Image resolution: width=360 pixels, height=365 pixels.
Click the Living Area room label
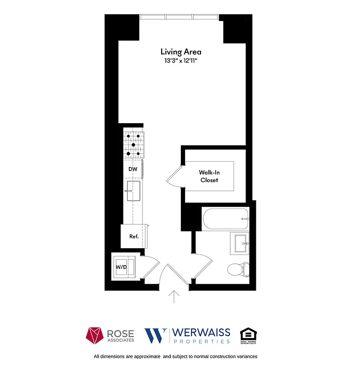(180, 52)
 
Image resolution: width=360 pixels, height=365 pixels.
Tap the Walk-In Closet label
(208, 176)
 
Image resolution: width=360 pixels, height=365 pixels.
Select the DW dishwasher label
(132, 169)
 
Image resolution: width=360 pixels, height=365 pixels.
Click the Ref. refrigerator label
(134, 236)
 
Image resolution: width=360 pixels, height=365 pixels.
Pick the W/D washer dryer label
(121, 266)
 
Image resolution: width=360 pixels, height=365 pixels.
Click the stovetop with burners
(133, 145)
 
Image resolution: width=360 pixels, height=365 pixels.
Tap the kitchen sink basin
(134, 191)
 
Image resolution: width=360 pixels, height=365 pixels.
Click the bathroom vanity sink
(240, 243)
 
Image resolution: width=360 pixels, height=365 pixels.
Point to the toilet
(238, 270)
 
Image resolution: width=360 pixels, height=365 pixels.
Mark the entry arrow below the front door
(174, 297)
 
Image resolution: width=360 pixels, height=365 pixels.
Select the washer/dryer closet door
(150, 267)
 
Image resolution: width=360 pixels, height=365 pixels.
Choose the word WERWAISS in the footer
(200, 333)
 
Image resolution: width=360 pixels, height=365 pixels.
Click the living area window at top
(180, 17)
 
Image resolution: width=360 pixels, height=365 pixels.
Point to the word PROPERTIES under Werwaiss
(200, 341)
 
